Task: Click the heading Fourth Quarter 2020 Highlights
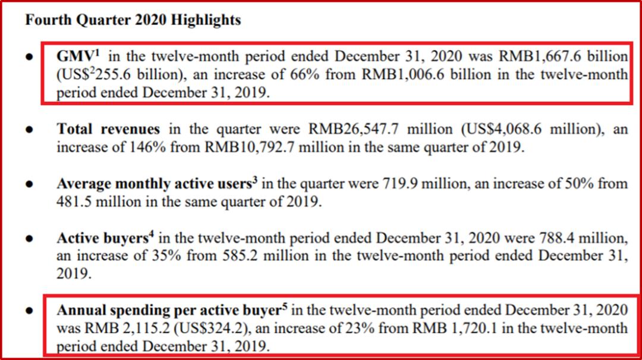click(x=133, y=20)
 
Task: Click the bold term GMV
click(x=74, y=56)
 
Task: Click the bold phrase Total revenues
click(x=108, y=130)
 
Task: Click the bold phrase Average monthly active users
click(x=154, y=184)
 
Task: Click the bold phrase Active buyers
click(x=102, y=239)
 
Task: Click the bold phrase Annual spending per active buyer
click(x=169, y=311)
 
